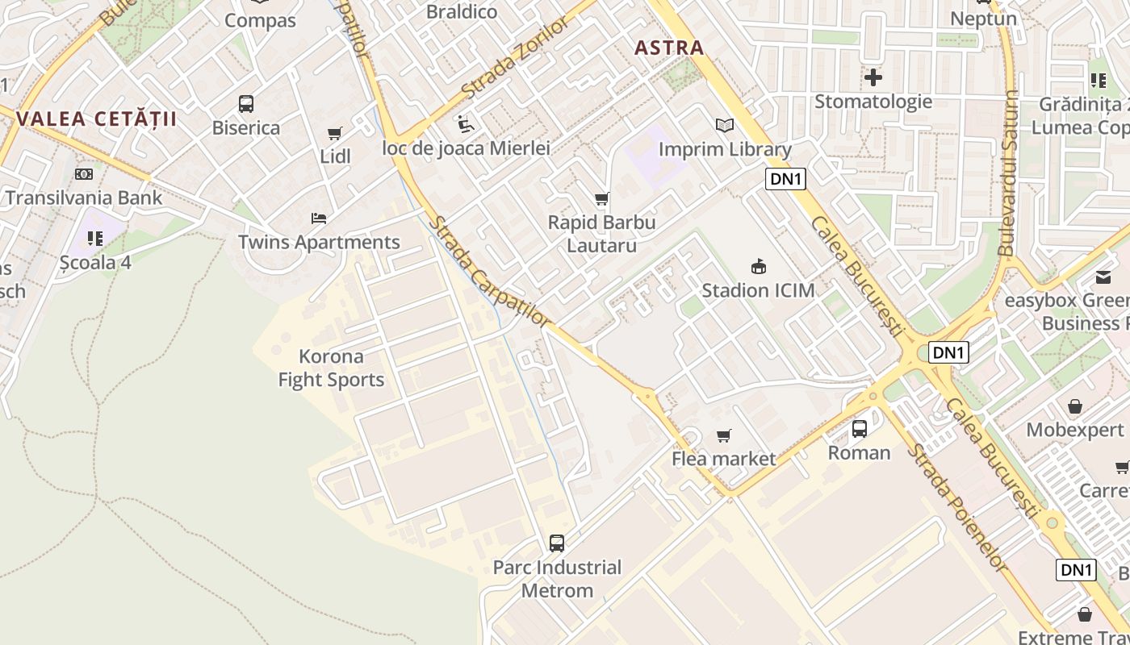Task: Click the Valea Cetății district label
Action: pyautogui.click(x=96, y=119)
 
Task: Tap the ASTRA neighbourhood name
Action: pyautogui.click(x=669, y=48)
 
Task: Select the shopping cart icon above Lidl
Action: pyautogui.click(x=335, y=133)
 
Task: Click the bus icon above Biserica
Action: pyautogui.click(x=246, y=104)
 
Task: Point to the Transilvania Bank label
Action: pyautogui.click(x=83, y=198)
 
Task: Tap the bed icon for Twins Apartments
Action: pyautogui.click(x=319, y=218)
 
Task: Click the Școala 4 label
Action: pyautogui.click(x=95, y=262)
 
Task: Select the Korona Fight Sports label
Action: pyautogui.click(x=331, y=368)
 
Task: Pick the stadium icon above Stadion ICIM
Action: pyautogui.click(x=758, y=266)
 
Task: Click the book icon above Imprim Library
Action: pyautogui.click(x=725, y=126)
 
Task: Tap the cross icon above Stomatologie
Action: pyautogui.click(x=873, y=77)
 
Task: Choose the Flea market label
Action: pyautogui.click(x=724, y=459)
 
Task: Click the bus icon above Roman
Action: pyautogui.click(x=860, y=429)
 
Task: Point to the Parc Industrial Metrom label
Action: pyautogui.click(x=557, y=579)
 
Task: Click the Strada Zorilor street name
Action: pyautogui.click(x=516, y=57)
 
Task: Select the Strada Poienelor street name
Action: pyautogui.click(x=957, y=508)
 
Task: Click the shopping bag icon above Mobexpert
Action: pyautogui.click(x=1074, y=406)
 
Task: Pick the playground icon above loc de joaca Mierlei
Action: pyautogui.click(x=466, y=124)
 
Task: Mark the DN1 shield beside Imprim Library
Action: pyautogui.click(x=785, y=179)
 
